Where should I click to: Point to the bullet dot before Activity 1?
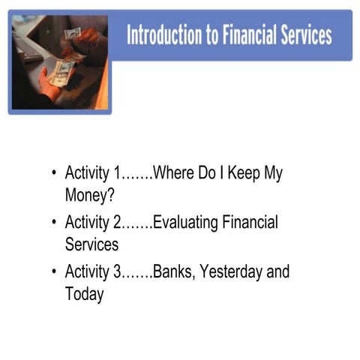54,173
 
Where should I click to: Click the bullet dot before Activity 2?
54,223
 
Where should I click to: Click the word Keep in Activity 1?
237,172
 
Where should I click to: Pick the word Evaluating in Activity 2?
188,223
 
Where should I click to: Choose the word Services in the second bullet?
91,244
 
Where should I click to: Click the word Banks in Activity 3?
173,271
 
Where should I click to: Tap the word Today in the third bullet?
84,293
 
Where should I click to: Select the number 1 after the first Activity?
117,172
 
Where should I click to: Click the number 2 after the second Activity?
117,222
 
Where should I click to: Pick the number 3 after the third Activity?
117,271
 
